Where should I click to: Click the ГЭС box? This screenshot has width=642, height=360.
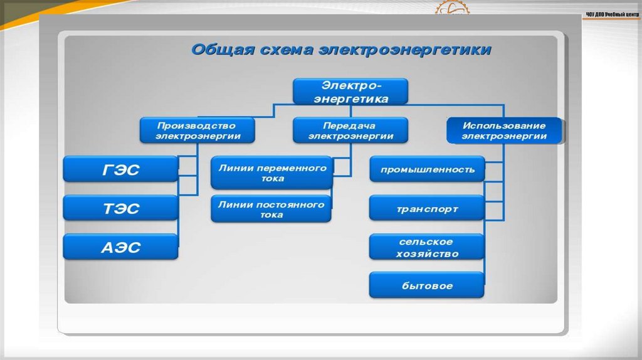click(120, 169)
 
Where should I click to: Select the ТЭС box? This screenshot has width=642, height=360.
click(120, 208)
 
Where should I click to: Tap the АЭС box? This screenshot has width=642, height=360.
click(120, 247)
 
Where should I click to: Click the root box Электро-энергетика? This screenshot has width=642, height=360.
click(351, 92)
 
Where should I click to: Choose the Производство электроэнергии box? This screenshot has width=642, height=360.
click(197, 130)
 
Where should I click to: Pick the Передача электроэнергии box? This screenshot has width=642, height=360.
click(351, 130)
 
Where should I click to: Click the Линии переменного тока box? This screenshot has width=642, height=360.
click(272, 173)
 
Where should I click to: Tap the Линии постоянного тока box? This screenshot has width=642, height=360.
click(272, 209)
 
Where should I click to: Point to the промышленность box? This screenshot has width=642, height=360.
click(426, 169)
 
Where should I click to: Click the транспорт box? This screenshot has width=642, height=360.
click(426, 208)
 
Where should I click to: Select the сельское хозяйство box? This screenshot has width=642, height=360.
click(426, 248)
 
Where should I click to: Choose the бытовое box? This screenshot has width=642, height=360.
click(426, 286)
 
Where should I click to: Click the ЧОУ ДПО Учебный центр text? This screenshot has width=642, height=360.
click(611, 14)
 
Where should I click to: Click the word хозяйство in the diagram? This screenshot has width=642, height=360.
click(427, 254)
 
